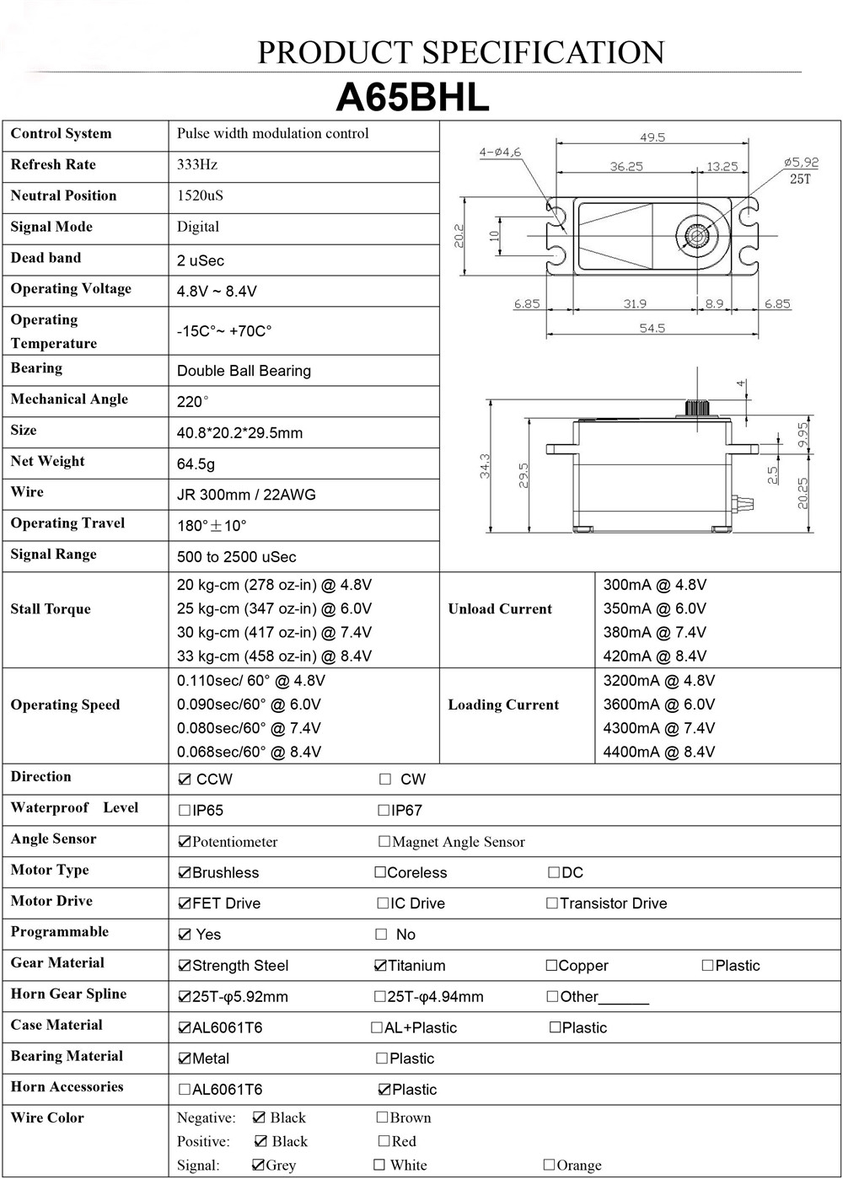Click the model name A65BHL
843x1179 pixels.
(x=413, y=98)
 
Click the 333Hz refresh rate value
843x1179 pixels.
(x=197, y=164)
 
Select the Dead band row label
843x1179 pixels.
(x=46, y=258)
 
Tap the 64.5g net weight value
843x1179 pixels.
(x=196, y=464)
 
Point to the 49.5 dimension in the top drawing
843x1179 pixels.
(x=652, y=137)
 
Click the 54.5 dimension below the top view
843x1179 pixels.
(x=652, y=328)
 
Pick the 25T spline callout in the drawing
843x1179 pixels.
(x=800, y=179)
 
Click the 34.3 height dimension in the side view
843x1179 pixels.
(x=485, y=466)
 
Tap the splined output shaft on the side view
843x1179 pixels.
(x=698, y=408)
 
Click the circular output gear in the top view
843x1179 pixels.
(x=697, y=235)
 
